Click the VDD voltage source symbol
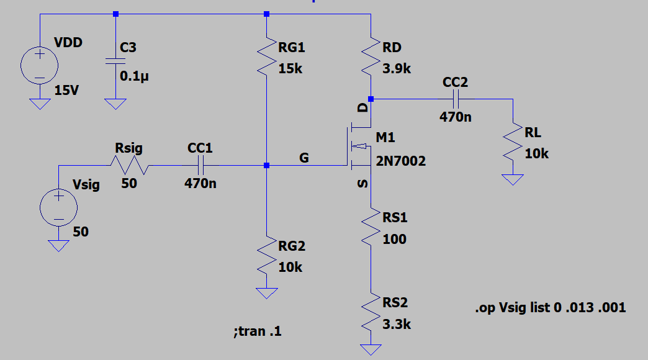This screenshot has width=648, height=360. (40, 65)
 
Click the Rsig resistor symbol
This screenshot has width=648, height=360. (128, 165)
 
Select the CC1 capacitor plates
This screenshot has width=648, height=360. (200, 165)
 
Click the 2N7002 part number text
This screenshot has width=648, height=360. (401, 161)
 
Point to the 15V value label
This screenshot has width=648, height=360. (67, 91)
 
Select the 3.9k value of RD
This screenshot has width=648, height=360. (397, 69)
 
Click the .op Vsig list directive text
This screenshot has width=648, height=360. (550, 307)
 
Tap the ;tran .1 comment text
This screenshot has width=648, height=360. (257, 331)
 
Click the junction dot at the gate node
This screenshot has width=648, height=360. (266, 165)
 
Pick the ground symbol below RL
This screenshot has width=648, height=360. (513, 180)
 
